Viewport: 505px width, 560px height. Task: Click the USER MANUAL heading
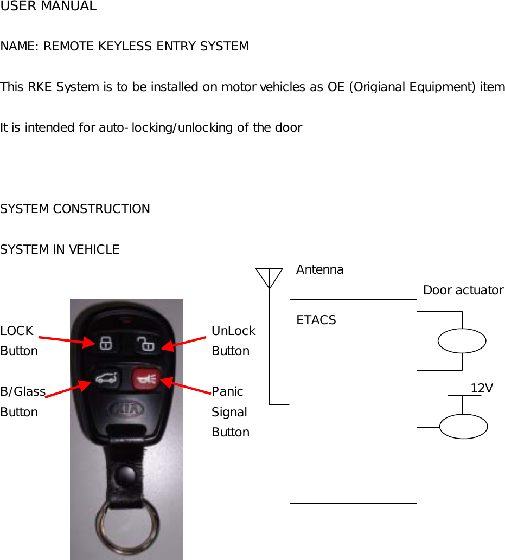pyautogui.click(x=48, y=7)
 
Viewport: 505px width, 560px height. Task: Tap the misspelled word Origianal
pyautogui.click(x=386, y=87)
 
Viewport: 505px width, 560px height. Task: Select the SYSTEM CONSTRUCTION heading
pyautogui.click(x=75, y=209)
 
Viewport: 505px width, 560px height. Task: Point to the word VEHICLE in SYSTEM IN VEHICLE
pyautogui.click(x=94, y=250)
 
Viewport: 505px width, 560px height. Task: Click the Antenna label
pyautogui.click(x=319, y=270)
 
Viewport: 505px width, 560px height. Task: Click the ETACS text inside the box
pyautogui.click(x=316, y=320)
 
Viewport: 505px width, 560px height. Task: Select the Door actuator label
pyautogui.click(x=463, y=291)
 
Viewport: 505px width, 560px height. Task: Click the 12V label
pyautogui.click(x=481, y=388)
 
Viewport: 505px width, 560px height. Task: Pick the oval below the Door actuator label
pyautogui.click(x=462, y=341)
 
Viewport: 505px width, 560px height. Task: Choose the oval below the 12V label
pyautogui.click(x=463, y=426)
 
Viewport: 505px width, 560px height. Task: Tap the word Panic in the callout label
pyautogui.click(x=227, y=391)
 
